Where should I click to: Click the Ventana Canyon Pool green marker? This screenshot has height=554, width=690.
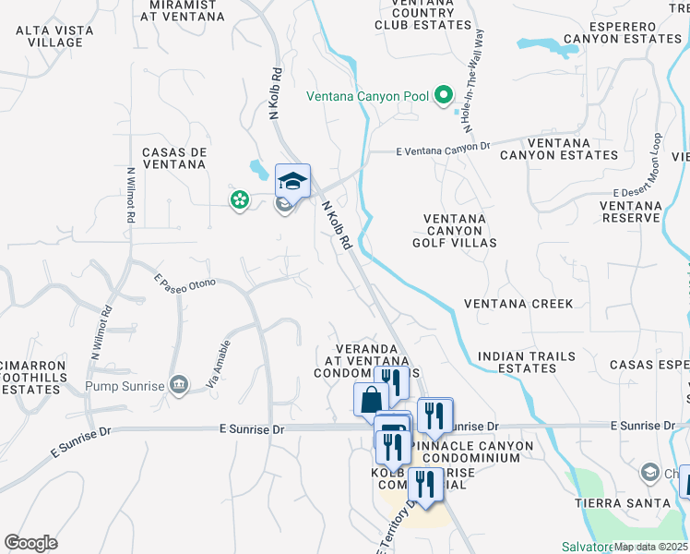(444, 95)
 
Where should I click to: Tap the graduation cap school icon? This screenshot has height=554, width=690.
(292, 180)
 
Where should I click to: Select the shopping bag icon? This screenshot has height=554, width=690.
(371, 400)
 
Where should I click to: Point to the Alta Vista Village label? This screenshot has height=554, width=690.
(49, 36)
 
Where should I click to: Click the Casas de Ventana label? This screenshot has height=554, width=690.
(173, 158)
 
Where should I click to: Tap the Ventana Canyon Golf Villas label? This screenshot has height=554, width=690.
(459, 231)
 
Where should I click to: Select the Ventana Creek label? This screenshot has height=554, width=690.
(518, 304)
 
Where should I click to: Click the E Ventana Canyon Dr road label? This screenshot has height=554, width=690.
(442, 149)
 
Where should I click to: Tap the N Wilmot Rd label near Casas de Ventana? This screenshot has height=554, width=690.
(131, 194)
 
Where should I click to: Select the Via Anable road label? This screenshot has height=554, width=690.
(218, 363)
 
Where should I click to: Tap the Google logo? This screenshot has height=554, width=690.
(31, 543)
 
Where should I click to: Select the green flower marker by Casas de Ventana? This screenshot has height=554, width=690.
(240, 199)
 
